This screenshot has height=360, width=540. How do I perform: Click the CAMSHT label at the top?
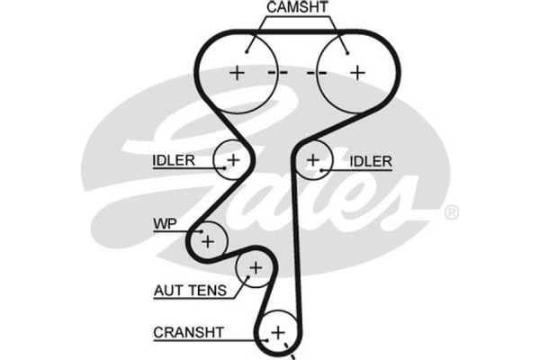point(297,7)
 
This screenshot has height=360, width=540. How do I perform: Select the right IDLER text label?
point(371,162)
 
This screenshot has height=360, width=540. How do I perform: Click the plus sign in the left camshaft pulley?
point(237,72)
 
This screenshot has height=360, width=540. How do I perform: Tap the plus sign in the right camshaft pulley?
point(357,72)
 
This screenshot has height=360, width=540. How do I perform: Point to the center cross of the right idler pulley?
point(312,160)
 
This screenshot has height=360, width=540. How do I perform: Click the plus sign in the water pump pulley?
point(209,239)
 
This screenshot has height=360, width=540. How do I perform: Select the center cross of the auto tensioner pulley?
point(255,267)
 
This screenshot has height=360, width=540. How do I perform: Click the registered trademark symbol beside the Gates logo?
point(452,213)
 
